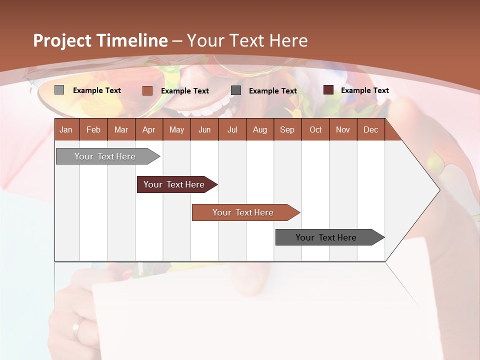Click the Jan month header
tap(66, 129)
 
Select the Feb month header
tap(93, 129)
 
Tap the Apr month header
tap(148, 129)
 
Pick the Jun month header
tap(204, 129)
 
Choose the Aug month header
tap(259, 129)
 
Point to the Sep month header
tap(287, 129)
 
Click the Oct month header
tap(315, 129)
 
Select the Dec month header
tap(370, 129)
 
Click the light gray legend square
tap(59, 90)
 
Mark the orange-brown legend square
tap(147, 90)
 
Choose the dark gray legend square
tap(236, 90)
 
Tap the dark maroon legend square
tap(328, 90)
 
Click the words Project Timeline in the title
tap(100, 40)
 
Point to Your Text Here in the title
tap(247, 40)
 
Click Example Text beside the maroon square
tap(364, 90)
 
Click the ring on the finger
tap(76, 328)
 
